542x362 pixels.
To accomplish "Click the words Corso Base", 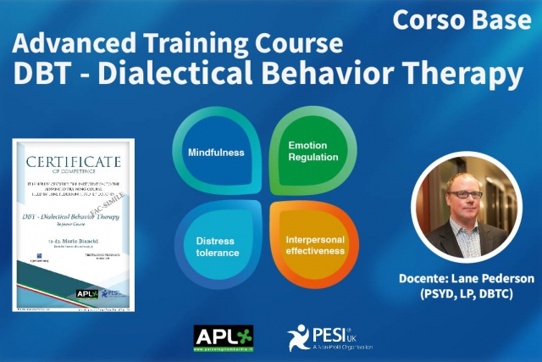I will point(461,19).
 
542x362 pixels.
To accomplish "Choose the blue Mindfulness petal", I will point(216,153).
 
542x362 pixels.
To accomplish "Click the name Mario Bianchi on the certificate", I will point(75,242).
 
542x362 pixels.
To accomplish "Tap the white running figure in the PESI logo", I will point(297,337).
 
